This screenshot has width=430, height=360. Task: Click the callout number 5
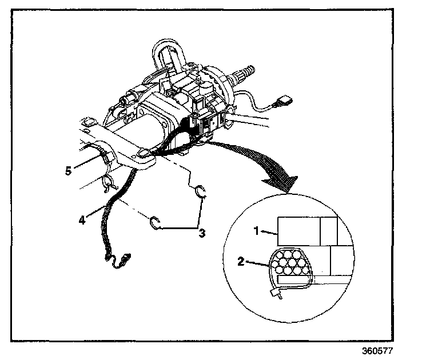pos(68,170)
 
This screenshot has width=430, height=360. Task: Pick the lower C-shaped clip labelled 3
pos(154,223)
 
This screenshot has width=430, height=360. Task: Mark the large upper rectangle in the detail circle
pos(298,234)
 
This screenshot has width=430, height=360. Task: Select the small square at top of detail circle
pos(329,230)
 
